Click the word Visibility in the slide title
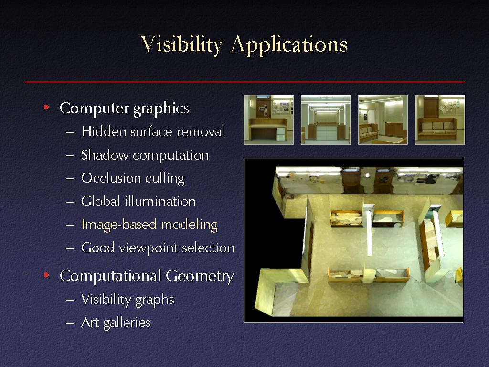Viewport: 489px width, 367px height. click(181, 44)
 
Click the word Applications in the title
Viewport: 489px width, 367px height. click(289, 45)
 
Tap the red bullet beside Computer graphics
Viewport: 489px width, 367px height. click(46, 108)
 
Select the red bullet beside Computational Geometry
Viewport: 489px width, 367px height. click(46, 275)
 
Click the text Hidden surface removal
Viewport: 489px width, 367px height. click(153, 131)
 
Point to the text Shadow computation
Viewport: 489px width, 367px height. click(145, 155)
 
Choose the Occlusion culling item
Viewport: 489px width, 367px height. click(133, 178)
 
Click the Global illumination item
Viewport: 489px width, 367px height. click(138, 201)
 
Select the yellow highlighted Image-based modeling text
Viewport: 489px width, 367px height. click(149, 225)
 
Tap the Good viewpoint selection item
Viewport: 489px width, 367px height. click(158, 248)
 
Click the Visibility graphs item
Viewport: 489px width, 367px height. click(128, 299)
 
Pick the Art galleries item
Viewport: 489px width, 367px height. click(116, 323)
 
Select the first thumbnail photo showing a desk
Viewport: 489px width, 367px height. click(269, 119)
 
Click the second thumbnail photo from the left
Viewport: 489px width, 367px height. click(326, 119)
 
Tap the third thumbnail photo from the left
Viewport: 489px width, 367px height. click(383, 119)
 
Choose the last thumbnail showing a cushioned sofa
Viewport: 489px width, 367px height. click(440, 119)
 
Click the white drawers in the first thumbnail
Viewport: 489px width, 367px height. click(281, 134)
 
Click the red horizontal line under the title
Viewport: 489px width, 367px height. click(244, 82)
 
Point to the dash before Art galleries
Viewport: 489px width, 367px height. click(70, 323)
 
